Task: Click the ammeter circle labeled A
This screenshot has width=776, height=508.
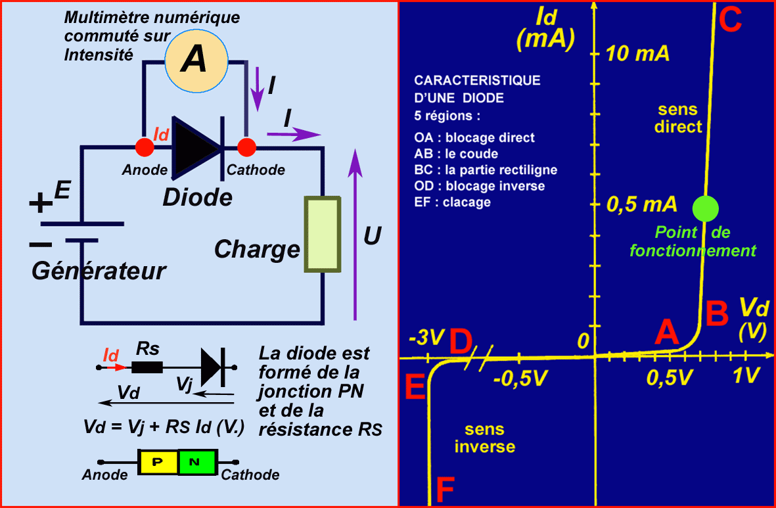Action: (195, 60)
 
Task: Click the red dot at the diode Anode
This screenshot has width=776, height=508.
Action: (145, 147)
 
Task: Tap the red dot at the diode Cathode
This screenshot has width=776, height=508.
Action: (246, 147)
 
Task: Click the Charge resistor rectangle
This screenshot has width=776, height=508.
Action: (322, 234)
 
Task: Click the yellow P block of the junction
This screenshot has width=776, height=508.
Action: (158, 462)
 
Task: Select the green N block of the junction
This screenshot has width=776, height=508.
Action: (196, 462)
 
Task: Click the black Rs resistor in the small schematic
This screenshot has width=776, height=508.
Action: (147, 367)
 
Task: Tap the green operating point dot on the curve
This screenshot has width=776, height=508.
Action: (706, 208)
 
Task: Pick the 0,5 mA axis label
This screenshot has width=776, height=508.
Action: (641, 205)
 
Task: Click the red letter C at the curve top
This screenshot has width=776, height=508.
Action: (730, 20)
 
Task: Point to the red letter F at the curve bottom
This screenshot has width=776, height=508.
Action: (445, 489)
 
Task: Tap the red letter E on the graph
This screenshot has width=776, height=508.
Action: (415, 388)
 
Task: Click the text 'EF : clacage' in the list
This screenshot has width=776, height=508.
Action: (453, 202)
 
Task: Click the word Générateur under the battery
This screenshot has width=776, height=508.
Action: (99, 270)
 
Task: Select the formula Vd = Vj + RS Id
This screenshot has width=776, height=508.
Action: (164, 427)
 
